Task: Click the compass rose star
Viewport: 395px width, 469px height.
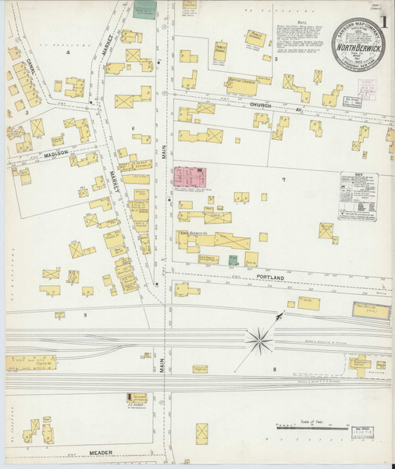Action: pyautogui.click(x=258, y=340)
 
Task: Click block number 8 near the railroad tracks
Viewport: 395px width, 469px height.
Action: pyautogui.click(x=274, y=367)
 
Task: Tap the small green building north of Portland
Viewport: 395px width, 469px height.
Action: pyautogui.click(x=233, y=260)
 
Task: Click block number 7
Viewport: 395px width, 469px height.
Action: pyautogui.click(x=283, y=181)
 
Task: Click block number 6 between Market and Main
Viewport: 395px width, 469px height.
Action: pyautogui.click(x=133, y=128)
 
